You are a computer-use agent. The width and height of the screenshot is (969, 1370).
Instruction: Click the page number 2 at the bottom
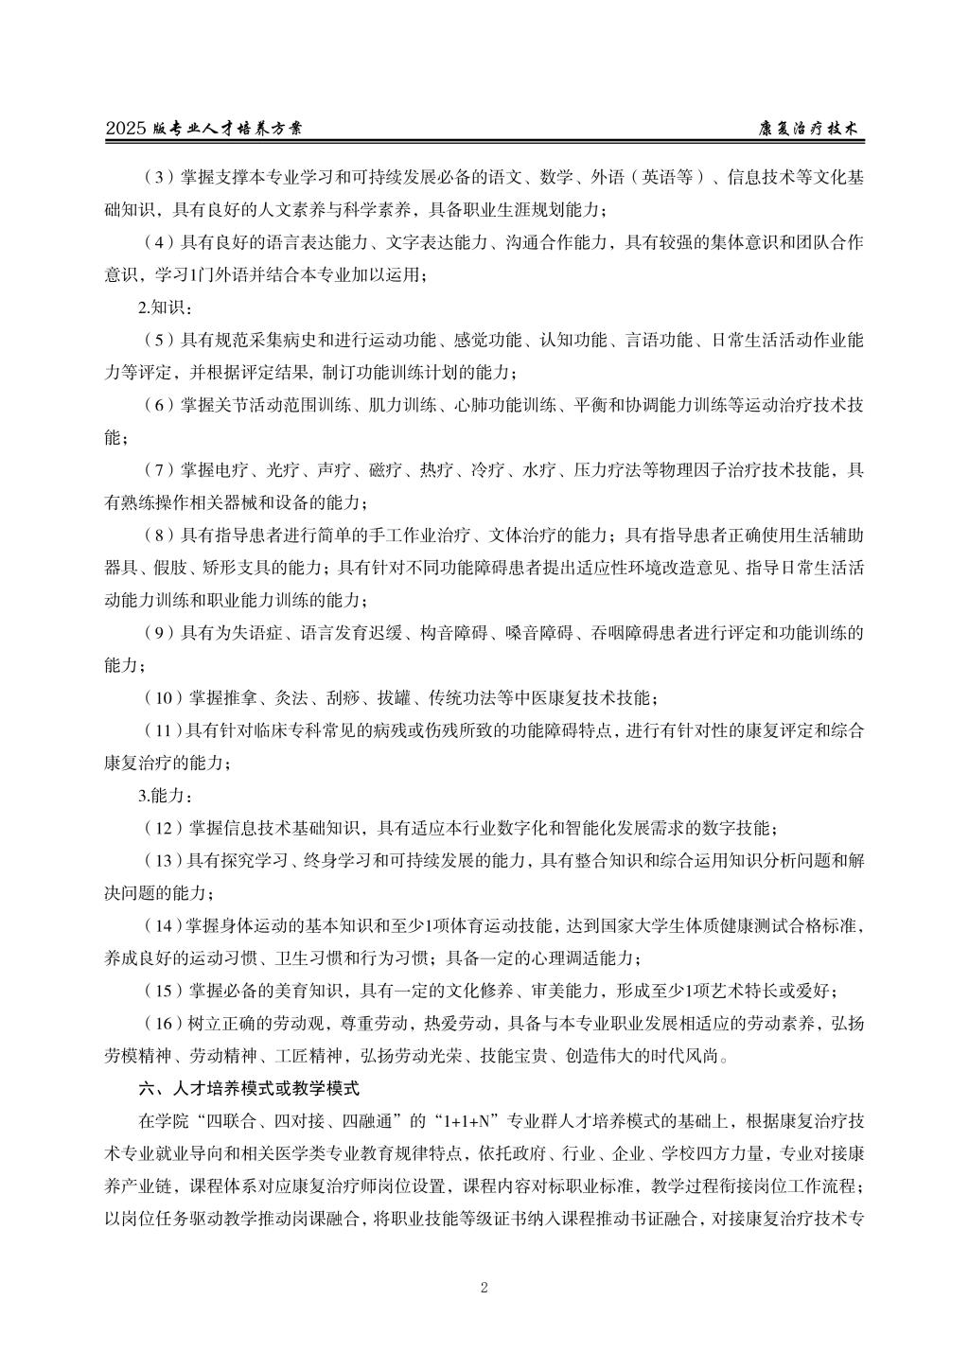pos(484,1287)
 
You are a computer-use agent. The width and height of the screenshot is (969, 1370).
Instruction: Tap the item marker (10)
pos(162,697)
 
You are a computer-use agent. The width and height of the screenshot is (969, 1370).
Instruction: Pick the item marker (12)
pos(162,828)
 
